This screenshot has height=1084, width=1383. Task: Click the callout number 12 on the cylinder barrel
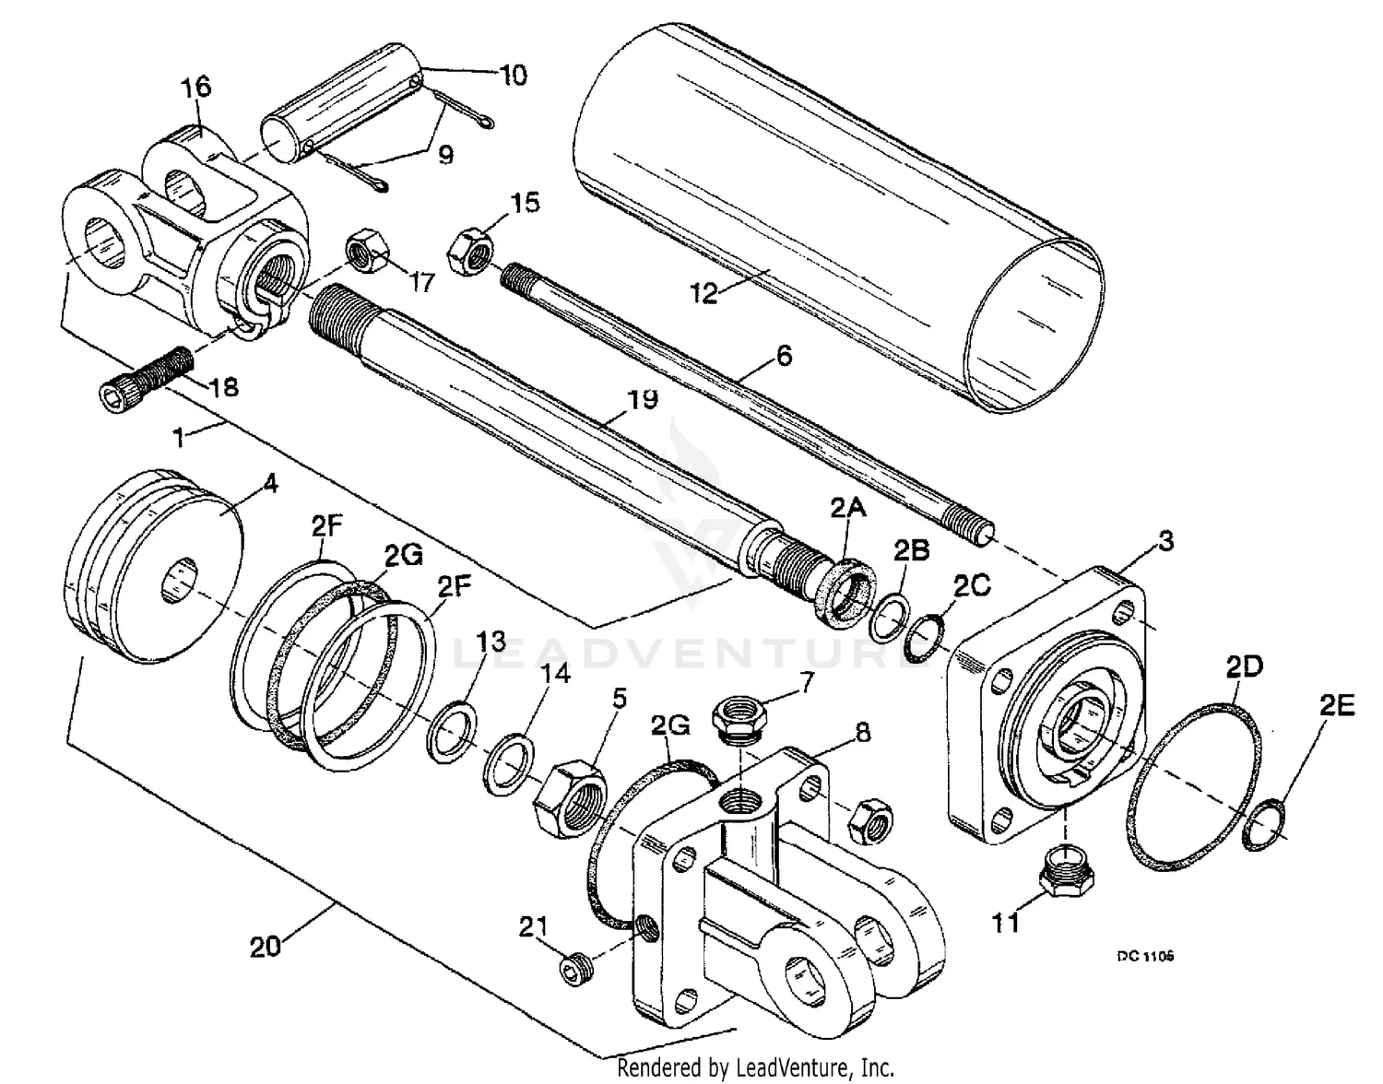704,293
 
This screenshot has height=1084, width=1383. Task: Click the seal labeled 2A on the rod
845,599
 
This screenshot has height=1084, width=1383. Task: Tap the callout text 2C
973,583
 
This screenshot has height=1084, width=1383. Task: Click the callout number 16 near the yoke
195,87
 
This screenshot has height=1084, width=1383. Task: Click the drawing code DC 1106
1145,956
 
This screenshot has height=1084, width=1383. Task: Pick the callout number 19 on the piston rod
643,400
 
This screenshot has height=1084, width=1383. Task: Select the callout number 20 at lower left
266,947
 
